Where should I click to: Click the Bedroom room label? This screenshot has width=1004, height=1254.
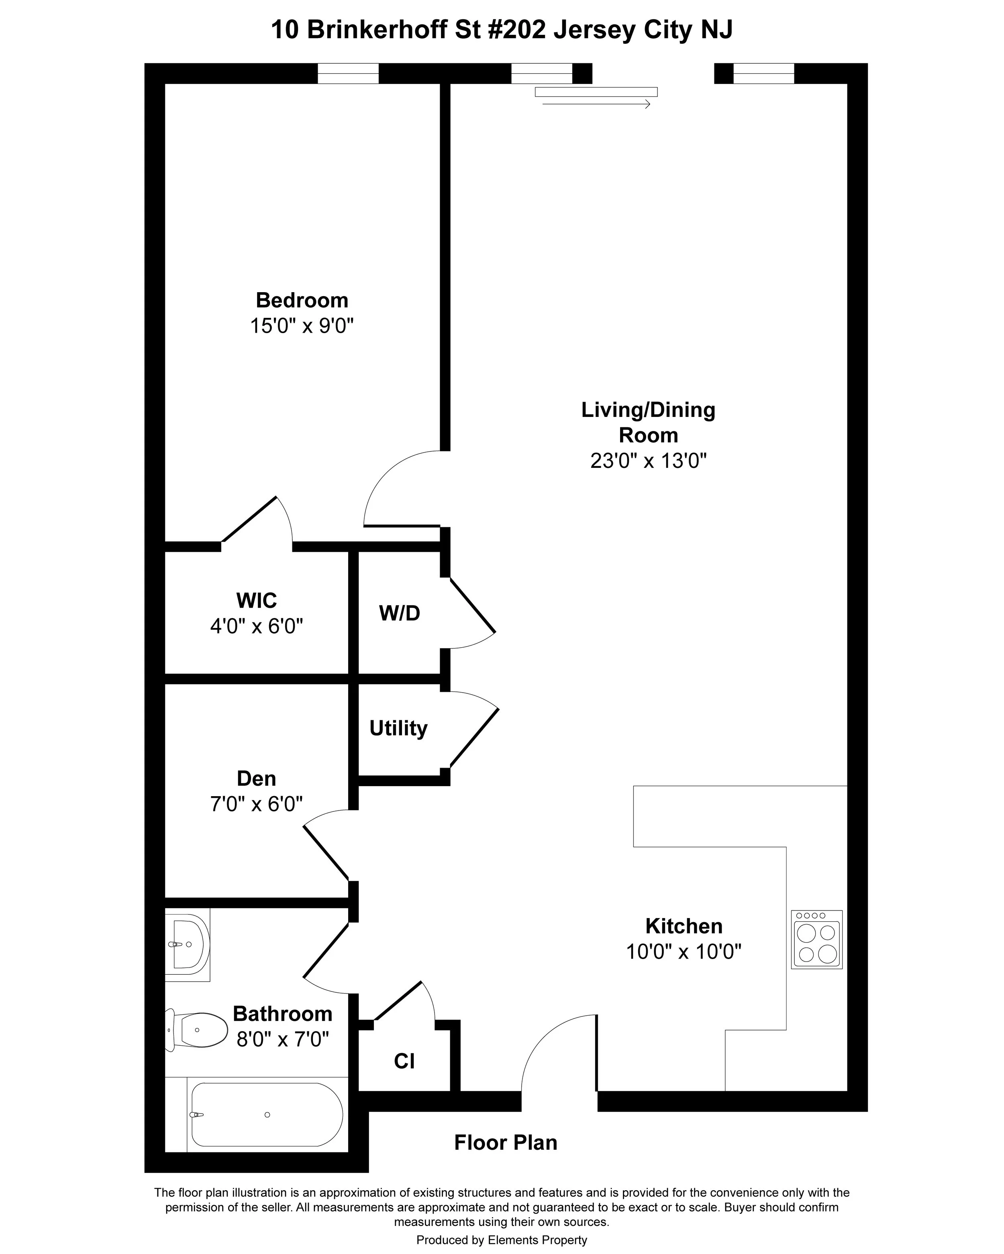[302, 300]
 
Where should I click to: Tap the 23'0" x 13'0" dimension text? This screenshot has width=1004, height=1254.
[648, 461]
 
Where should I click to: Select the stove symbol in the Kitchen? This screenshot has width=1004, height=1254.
[816, 939]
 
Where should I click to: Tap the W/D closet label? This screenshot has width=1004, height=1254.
[399, 613]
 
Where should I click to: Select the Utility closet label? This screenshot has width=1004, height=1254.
[398, 728]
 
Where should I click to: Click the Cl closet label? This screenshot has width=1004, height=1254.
[404, 1061]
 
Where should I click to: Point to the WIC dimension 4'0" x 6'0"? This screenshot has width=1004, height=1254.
[257, 626]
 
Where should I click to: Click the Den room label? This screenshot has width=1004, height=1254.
[256, 778]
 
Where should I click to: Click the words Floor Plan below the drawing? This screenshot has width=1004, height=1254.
[505, 1142]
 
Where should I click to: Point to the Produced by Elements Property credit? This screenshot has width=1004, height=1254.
[502, 1240]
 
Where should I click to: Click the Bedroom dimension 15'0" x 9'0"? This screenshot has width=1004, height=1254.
[302, 326]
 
